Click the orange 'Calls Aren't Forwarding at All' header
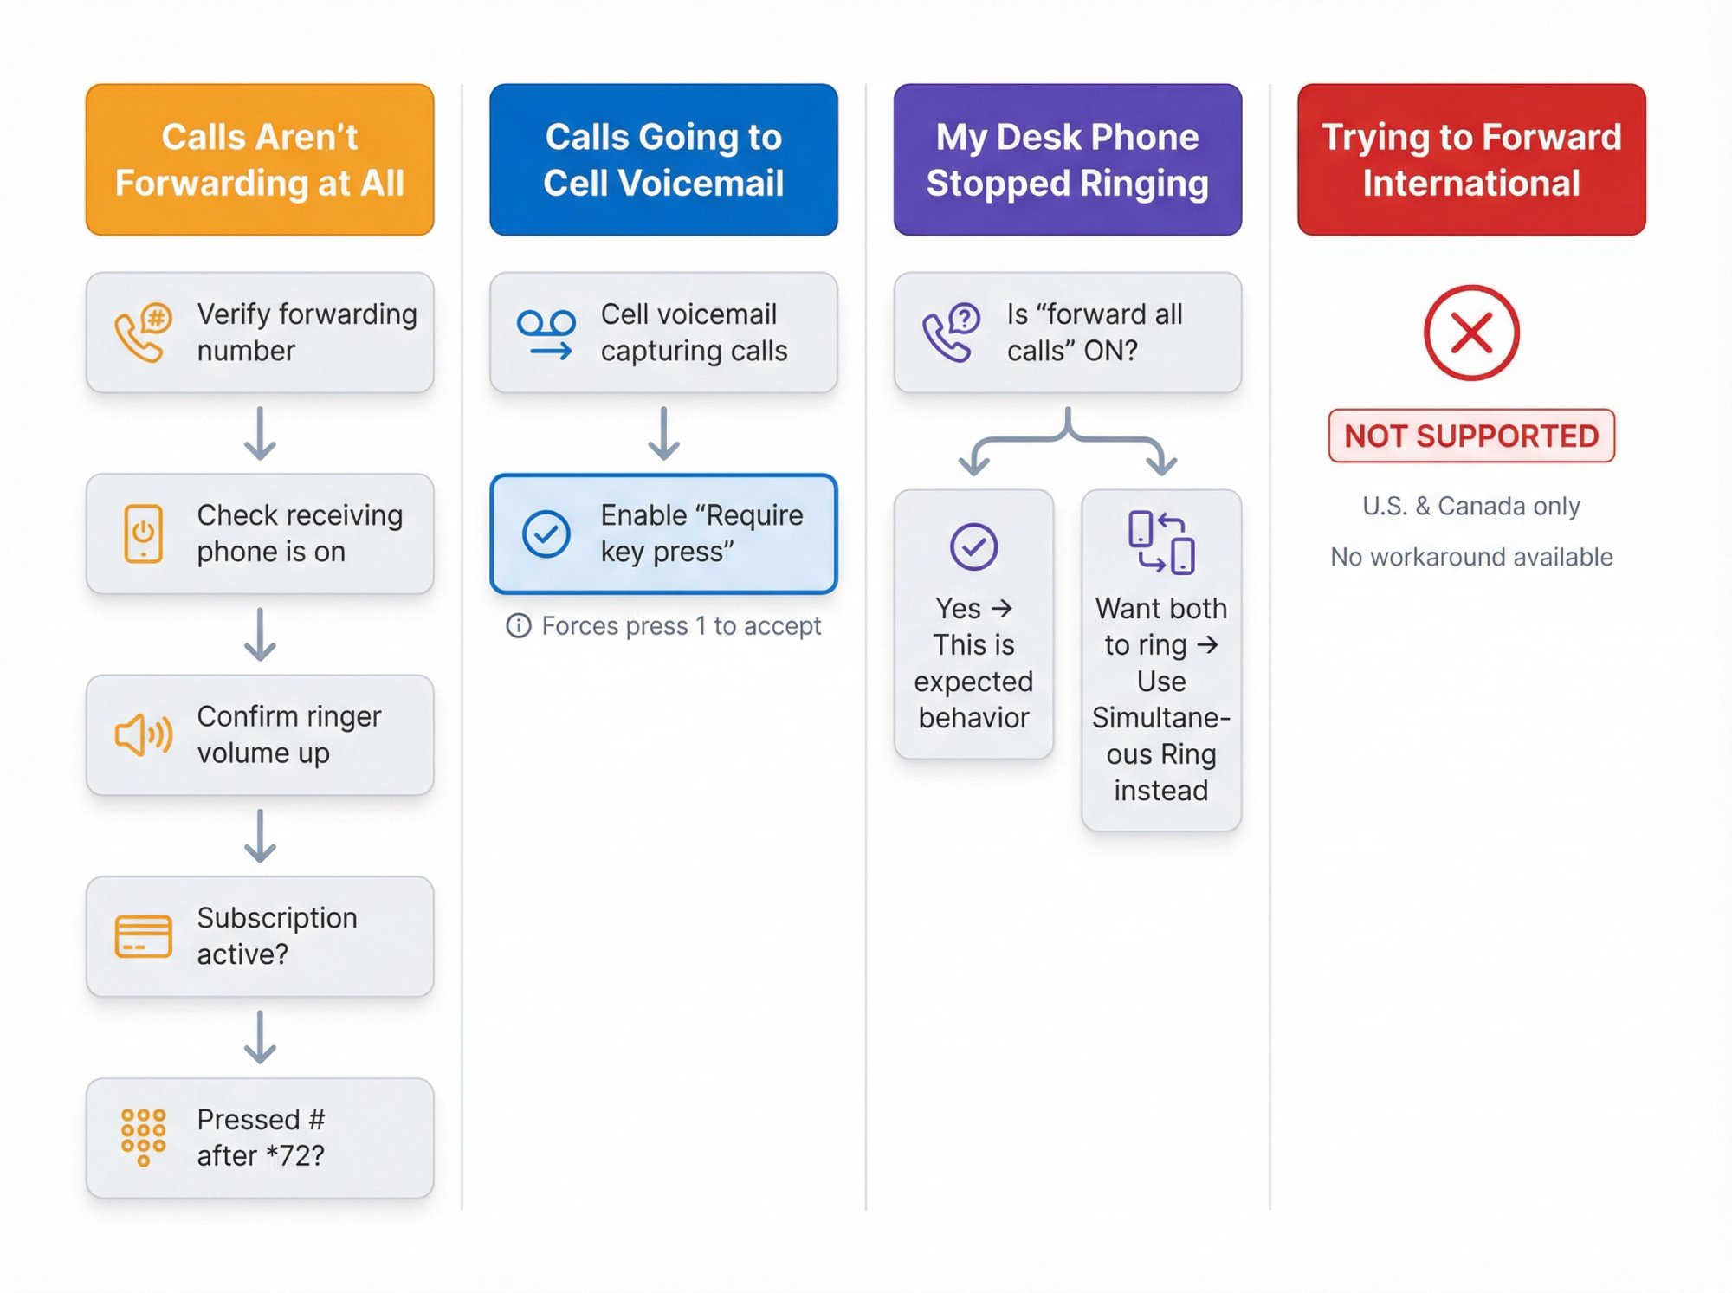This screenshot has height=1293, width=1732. (260, 159)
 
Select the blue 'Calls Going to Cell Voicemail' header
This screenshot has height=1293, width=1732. (663, 159)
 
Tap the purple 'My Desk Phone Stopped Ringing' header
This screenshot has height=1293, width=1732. (1067, 159)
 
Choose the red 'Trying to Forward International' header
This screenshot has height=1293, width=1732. (1471, 159)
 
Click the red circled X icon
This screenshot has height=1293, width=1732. (1471, 333)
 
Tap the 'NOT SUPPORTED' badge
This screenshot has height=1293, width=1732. (1471, 436)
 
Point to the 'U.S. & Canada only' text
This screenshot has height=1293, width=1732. (1471, 506)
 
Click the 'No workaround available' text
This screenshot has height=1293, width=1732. (1471, 557)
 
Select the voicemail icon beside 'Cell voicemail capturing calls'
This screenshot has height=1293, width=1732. (546, 333)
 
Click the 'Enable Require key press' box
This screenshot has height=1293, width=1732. (663, 533)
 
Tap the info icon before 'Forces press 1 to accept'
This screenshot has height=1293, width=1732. (518, 625)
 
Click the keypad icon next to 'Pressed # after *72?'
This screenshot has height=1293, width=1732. (143, 1137)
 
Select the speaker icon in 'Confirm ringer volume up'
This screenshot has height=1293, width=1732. (143, 735)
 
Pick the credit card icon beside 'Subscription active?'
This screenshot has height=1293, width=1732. (143, 936)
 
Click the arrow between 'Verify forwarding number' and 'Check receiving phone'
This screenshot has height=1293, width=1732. (260, 433)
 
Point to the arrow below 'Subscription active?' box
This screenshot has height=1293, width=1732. (260, 1037)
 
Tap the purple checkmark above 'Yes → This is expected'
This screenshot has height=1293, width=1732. (973, 546)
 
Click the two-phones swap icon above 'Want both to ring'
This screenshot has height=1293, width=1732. (1161, 543)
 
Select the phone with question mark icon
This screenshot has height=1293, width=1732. (951, 333)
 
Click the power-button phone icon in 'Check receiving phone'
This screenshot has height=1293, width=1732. (143, 533)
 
